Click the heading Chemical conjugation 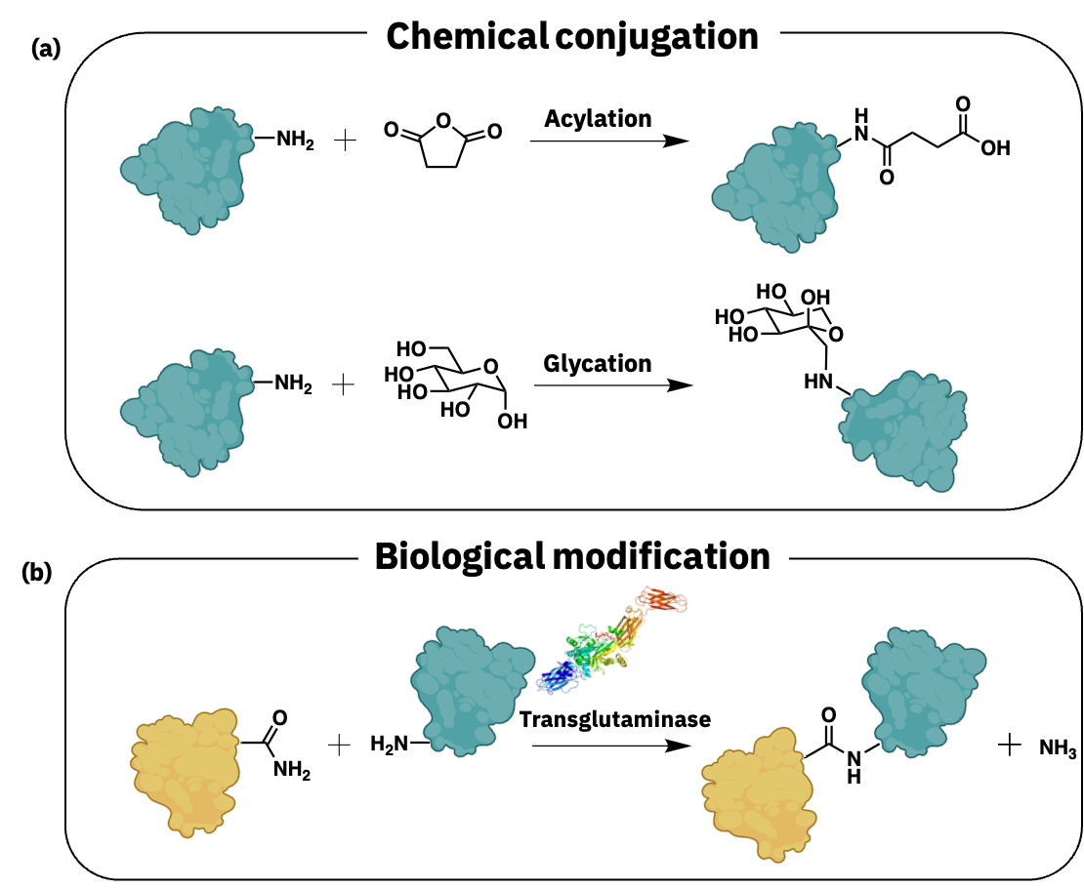(x=572, y=37)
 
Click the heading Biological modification (x=572, y=556)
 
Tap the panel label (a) (x=46, y=49)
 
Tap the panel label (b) (x=37, y=572)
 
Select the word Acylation (x=598, y=119)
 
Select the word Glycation (x=598, y=363)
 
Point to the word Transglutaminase (x=615, y=719)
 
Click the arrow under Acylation (x=609, y=141)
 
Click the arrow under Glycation (x=613, y=384)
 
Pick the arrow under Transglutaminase (x=611, y=746)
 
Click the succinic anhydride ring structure (x=443, y=143)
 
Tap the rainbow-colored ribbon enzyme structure (x=611, y=640)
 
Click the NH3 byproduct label (x=1058, y=748)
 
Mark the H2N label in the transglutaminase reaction (x=390, y=745)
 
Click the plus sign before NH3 (x=1010, y=746)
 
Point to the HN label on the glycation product (x=818, y=382)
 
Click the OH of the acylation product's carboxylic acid (x=995, y=148)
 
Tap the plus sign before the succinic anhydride (x=345, y=141)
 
